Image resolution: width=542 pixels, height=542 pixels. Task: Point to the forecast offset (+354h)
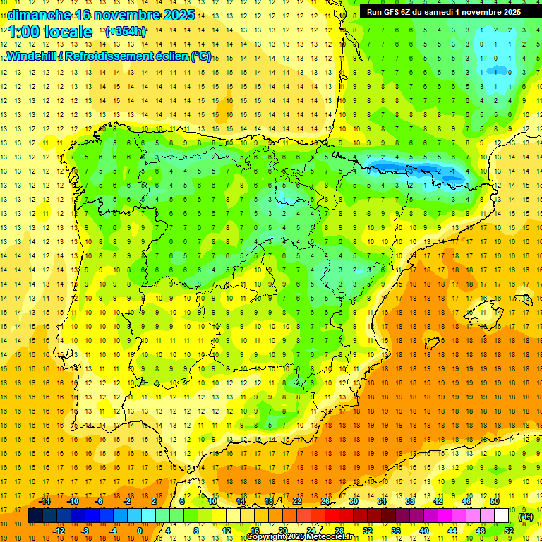click(x=126, y=32)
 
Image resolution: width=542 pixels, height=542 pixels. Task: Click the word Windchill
click(x=31, y=56)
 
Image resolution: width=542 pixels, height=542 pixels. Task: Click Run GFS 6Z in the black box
click(x=392, y=12)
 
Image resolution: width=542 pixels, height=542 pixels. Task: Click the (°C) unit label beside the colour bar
click(x=526, y=517)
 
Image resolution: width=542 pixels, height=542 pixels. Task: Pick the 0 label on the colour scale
click(x=139, y=531)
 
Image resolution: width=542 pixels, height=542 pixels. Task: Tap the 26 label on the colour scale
click(x=325, y=501)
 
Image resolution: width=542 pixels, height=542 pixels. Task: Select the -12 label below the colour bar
click(x=59, y=531)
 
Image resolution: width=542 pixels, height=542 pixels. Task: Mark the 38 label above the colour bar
click(x=409, y=501)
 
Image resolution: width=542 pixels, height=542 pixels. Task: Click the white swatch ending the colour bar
click(x=502, y=516)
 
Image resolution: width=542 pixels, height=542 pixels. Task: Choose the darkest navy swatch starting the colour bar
click(x=35, y=516)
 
